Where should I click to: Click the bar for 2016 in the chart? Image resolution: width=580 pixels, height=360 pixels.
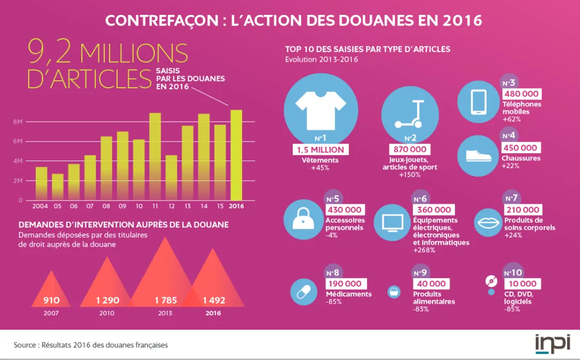(x=236, y=155)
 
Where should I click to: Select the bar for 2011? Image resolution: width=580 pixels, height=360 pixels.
(x=155, y=156)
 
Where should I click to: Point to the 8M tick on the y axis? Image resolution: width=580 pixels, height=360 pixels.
(x=18, y=122)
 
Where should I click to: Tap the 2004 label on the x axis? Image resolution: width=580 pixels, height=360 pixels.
(x=41, y=206)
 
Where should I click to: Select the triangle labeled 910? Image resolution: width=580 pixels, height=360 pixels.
(x=51, y=292)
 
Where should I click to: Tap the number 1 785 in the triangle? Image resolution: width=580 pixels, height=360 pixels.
(x=165, y=300)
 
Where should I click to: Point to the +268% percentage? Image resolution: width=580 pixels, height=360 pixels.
(x=424, y=250)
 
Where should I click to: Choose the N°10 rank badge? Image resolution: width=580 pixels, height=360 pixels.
(x=512, y=273)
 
